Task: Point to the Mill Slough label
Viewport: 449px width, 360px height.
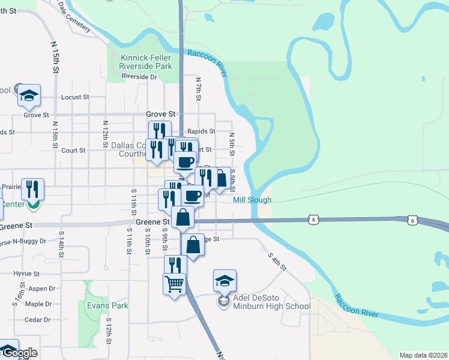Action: click(252, 200)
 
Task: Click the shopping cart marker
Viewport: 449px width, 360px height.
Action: click(174, 284)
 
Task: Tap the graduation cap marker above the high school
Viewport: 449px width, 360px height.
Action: click(224, 280)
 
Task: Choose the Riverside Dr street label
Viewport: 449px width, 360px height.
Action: click(139, 77)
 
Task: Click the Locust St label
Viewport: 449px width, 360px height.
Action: click(75, 97)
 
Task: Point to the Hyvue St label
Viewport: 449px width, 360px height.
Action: click(26, 273)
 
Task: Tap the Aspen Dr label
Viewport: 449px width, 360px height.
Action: click(41, 289)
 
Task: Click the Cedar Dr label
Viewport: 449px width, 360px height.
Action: click(38, 320)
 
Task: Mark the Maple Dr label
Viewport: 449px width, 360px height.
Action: click(38, 304)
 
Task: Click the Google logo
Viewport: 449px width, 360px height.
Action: click(19, 353)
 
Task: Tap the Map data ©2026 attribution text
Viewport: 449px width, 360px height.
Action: click(423, 355)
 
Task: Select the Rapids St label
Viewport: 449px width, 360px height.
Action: click(201, 131)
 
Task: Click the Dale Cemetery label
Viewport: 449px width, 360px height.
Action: click(74, 19)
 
